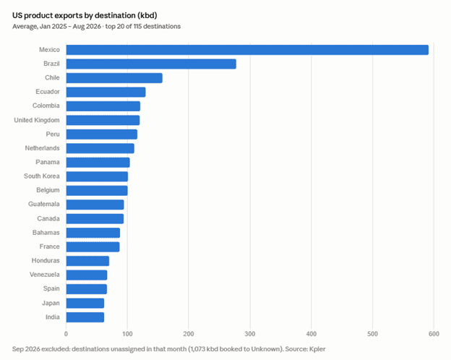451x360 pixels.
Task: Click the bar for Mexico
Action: (x=247, y=50)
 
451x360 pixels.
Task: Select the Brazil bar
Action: (x=151, y=64)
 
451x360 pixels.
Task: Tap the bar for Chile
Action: (x=114, y=78)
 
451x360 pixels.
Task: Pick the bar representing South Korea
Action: (x=97, y=176)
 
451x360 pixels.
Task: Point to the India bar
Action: (x=85, y=317)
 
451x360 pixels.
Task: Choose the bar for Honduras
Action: (x=87, y=261)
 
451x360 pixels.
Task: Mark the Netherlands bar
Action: (x=100, y=148)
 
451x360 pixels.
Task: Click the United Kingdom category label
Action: (x=37, y=120)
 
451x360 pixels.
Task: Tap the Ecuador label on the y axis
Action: (x=48, y=92)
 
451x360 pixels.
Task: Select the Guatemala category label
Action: (x=43, y=204)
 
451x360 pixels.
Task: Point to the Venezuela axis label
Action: (x=45, y=275)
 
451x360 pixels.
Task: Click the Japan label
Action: (x=51, y=303)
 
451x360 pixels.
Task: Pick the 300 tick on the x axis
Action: (x=250, y=334)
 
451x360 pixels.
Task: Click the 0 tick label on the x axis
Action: (x=66, y=334)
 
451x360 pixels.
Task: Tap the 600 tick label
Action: (x=434, y=334)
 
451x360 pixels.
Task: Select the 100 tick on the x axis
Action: (x=127, y=334)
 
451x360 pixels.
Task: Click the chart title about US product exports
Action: (x=85, y=15)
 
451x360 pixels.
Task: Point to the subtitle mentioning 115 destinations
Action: (x=96, y=27)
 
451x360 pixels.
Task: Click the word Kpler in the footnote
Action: (x=317, y=349)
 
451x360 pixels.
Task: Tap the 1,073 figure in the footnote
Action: (x=198, y=349)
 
